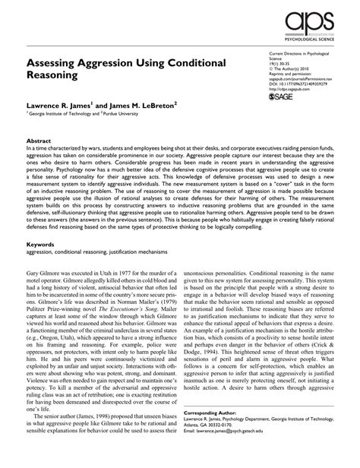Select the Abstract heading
(39, 141)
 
